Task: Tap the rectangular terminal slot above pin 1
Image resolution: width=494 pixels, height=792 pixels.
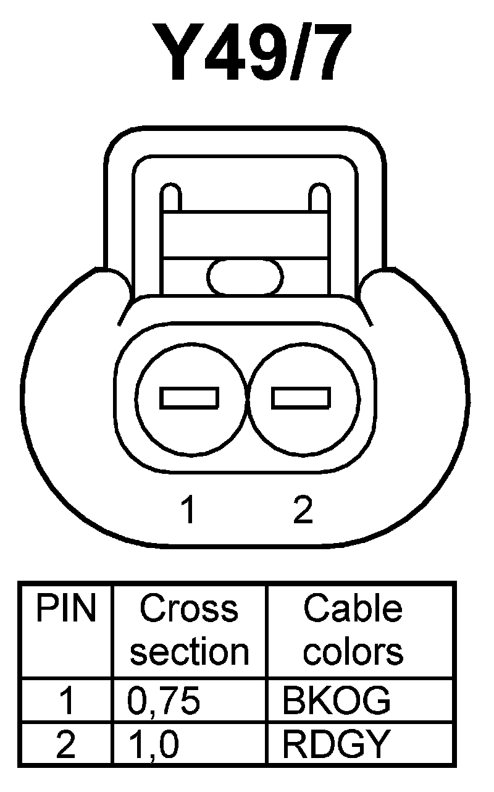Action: coord(190,398)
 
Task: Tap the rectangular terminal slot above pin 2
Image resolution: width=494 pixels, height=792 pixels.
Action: coord(301,398)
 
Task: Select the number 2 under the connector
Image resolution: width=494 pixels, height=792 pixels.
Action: coord(302,510)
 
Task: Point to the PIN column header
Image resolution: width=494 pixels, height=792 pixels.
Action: coord(66,610)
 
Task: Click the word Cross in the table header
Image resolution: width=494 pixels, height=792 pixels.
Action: coord(189,610)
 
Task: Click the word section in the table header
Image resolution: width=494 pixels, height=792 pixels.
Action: coord(189,652)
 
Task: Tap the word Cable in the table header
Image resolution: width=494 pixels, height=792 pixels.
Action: coord(353,610)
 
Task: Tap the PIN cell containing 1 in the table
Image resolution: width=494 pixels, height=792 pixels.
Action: coord(66,701)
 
